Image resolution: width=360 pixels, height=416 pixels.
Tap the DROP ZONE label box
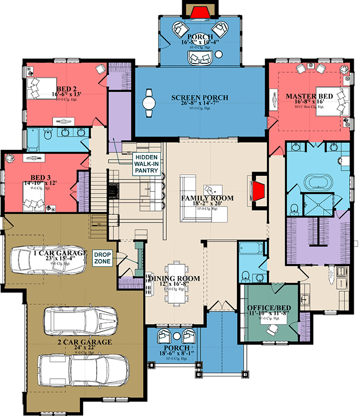(102, 258)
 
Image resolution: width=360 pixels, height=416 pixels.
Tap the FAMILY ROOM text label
(207, 198)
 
